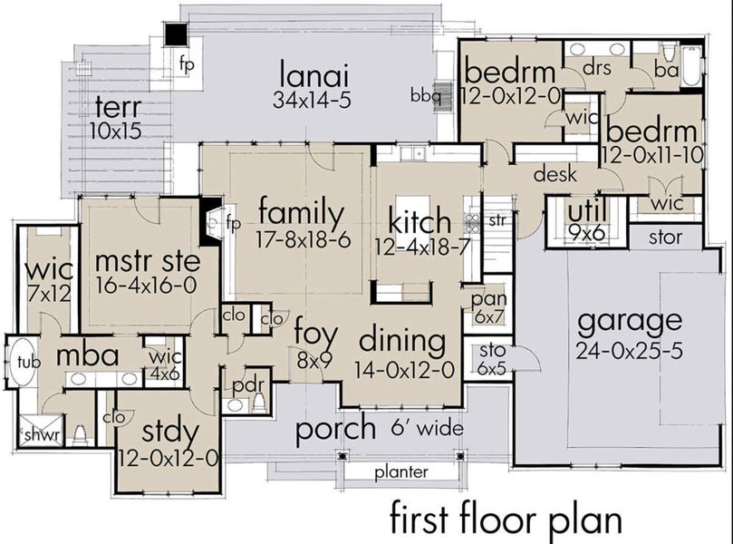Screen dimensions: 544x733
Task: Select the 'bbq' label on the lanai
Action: tap(425, 93)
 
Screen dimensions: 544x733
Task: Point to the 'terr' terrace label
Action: tap(117, 107)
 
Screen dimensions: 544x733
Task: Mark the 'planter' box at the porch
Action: tap(402, 472)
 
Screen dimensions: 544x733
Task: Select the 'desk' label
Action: tap(555, 175)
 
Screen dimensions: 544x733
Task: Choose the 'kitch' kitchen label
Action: tap(419, 219)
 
